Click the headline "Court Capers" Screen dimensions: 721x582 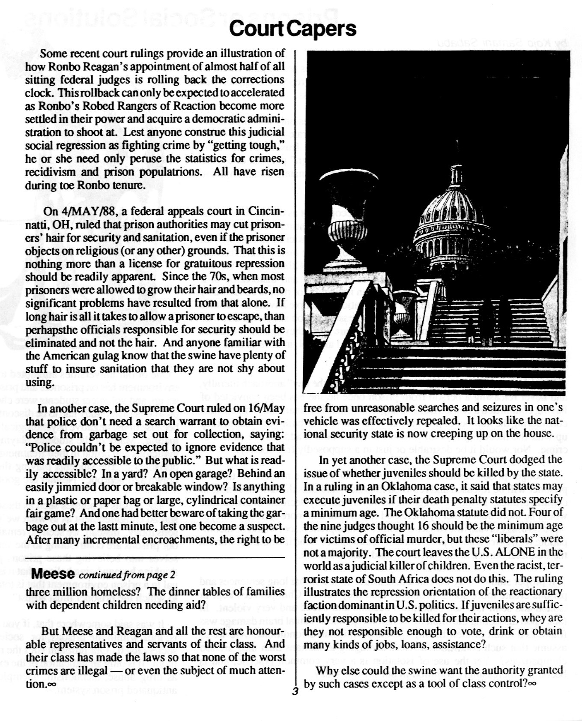(x=292, y=29)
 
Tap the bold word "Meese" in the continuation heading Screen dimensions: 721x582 (x=54, y=573)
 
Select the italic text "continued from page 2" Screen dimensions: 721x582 (x=127, y=574)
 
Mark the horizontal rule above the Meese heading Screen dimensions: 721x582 (x=155, y=557)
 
